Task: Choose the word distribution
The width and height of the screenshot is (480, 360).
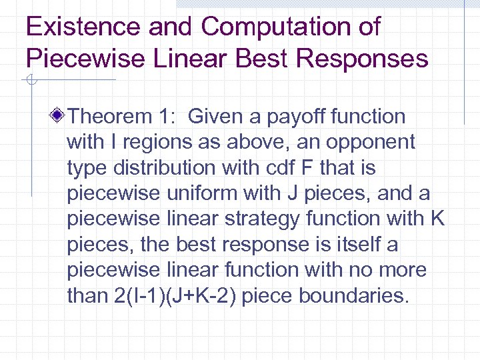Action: coord(151,168)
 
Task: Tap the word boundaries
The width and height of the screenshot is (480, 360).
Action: coord(352,296)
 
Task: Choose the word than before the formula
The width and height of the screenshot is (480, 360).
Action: coord(85,296)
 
